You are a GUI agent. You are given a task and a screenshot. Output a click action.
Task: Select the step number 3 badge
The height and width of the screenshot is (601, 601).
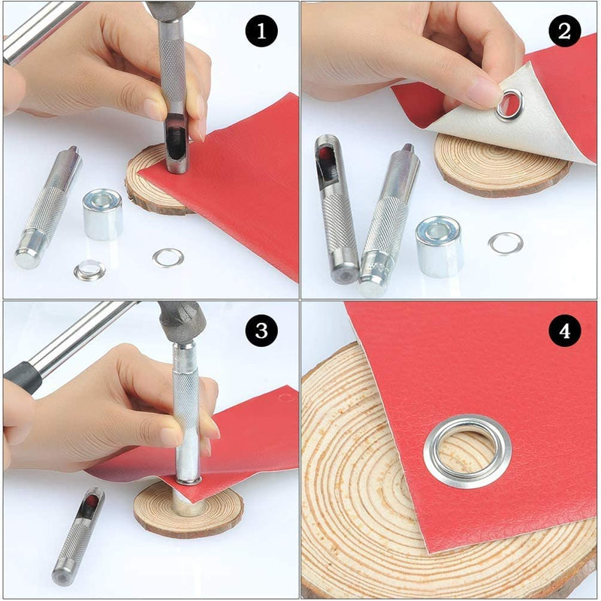pyautogui.click(x=262, y=330)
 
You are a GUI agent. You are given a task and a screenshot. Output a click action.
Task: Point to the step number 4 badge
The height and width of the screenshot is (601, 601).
pyautogui.click(x=564, y=331)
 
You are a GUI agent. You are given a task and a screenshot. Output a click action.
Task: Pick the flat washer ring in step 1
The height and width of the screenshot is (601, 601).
pyautogui.click(x=168, y=258)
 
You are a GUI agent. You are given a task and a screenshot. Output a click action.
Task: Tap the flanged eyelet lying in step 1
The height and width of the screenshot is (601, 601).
pyautogui.click(x=90, y=270)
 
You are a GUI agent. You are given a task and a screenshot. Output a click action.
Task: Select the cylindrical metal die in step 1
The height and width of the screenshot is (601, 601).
pyautogui.click(x=102, y=214)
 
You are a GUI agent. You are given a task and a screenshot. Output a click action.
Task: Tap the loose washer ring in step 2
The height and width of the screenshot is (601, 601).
pyautogui.click(x=505, y=243)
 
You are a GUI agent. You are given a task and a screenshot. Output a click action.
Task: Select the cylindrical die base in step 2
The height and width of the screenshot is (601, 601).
pyautogui.click(x=439, y=246)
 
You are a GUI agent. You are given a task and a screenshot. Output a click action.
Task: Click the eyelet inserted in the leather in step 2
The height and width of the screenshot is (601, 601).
pyautogui.click(x=509, y=104)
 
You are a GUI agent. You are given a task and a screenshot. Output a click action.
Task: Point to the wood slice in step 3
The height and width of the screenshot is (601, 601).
pyautogui.click(x=188, y=515)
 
